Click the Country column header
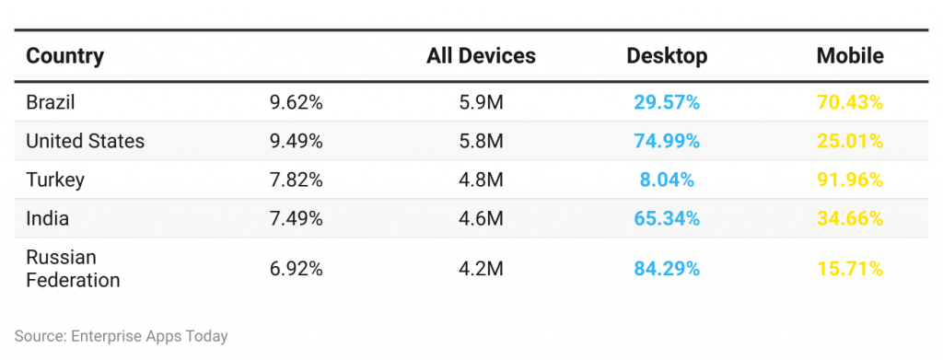[64, 56]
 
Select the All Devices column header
[481, 56]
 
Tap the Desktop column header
[667, 56]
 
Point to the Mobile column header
[850, 56]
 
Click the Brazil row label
[51, 102]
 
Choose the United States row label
[85, 141]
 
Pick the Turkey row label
[55, 180]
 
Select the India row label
[47, 219]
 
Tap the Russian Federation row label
[73, 268]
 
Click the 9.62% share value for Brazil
[296, 102]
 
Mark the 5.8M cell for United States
[481, 141]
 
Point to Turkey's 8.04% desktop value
[667, 180]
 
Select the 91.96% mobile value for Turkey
[850, 180]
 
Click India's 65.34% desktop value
[667, 219]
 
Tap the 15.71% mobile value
[850, 269]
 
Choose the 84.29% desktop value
[667, 269]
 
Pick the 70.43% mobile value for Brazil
[850, 102]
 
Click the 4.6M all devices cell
[481, 219]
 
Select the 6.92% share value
[296, 269]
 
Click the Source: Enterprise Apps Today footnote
[121, 336]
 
